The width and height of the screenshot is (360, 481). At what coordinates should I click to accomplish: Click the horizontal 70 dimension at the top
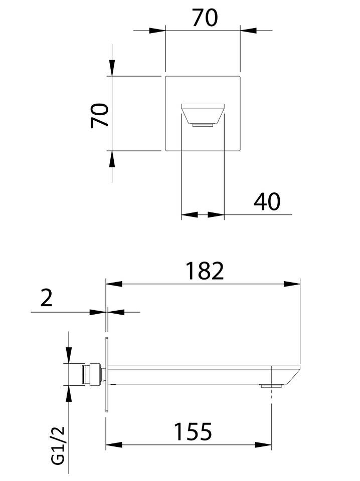click(x=205, y=18)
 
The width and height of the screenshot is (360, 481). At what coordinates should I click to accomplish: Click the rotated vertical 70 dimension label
click(x=100, y=115)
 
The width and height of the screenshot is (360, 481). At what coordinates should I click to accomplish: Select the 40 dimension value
click(x=267, y=201)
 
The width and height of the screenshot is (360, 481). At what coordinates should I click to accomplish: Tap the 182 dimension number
click(x=205, y=271)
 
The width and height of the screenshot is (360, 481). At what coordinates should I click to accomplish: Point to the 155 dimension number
click(x=193, y=431)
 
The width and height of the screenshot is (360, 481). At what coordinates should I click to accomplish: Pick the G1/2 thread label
click(x=58, y=445)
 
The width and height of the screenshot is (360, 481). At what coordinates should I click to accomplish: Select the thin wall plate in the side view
click(x=106, y=374)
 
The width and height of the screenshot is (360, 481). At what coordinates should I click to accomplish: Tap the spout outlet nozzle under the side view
click(x=271, y=386)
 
